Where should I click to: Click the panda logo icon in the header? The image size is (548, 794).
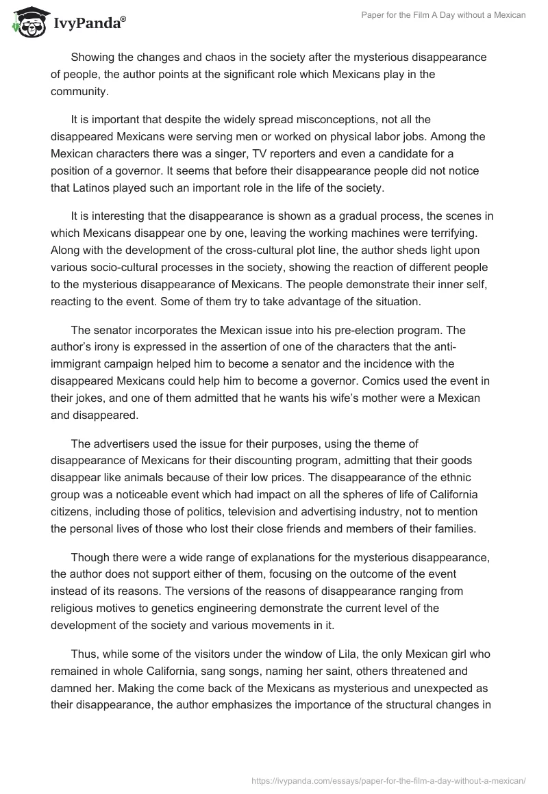pos(25,21)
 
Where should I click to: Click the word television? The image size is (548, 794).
pos(266,509)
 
